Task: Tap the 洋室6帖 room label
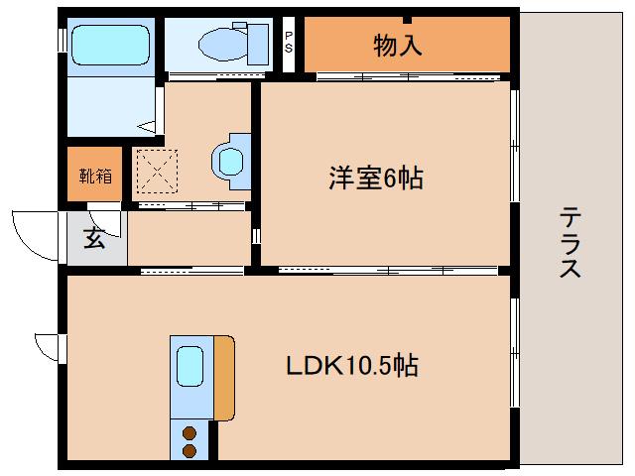376,178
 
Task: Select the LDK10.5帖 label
352,366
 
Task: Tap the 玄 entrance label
94,239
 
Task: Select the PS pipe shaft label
289,41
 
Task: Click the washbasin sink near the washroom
230,159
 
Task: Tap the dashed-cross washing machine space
156,169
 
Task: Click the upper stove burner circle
189,431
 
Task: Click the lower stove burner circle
189,450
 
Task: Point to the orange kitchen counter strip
224,377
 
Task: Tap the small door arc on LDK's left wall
48,347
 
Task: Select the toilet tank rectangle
260,43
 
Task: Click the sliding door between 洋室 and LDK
387,269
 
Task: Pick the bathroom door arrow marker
147,126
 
